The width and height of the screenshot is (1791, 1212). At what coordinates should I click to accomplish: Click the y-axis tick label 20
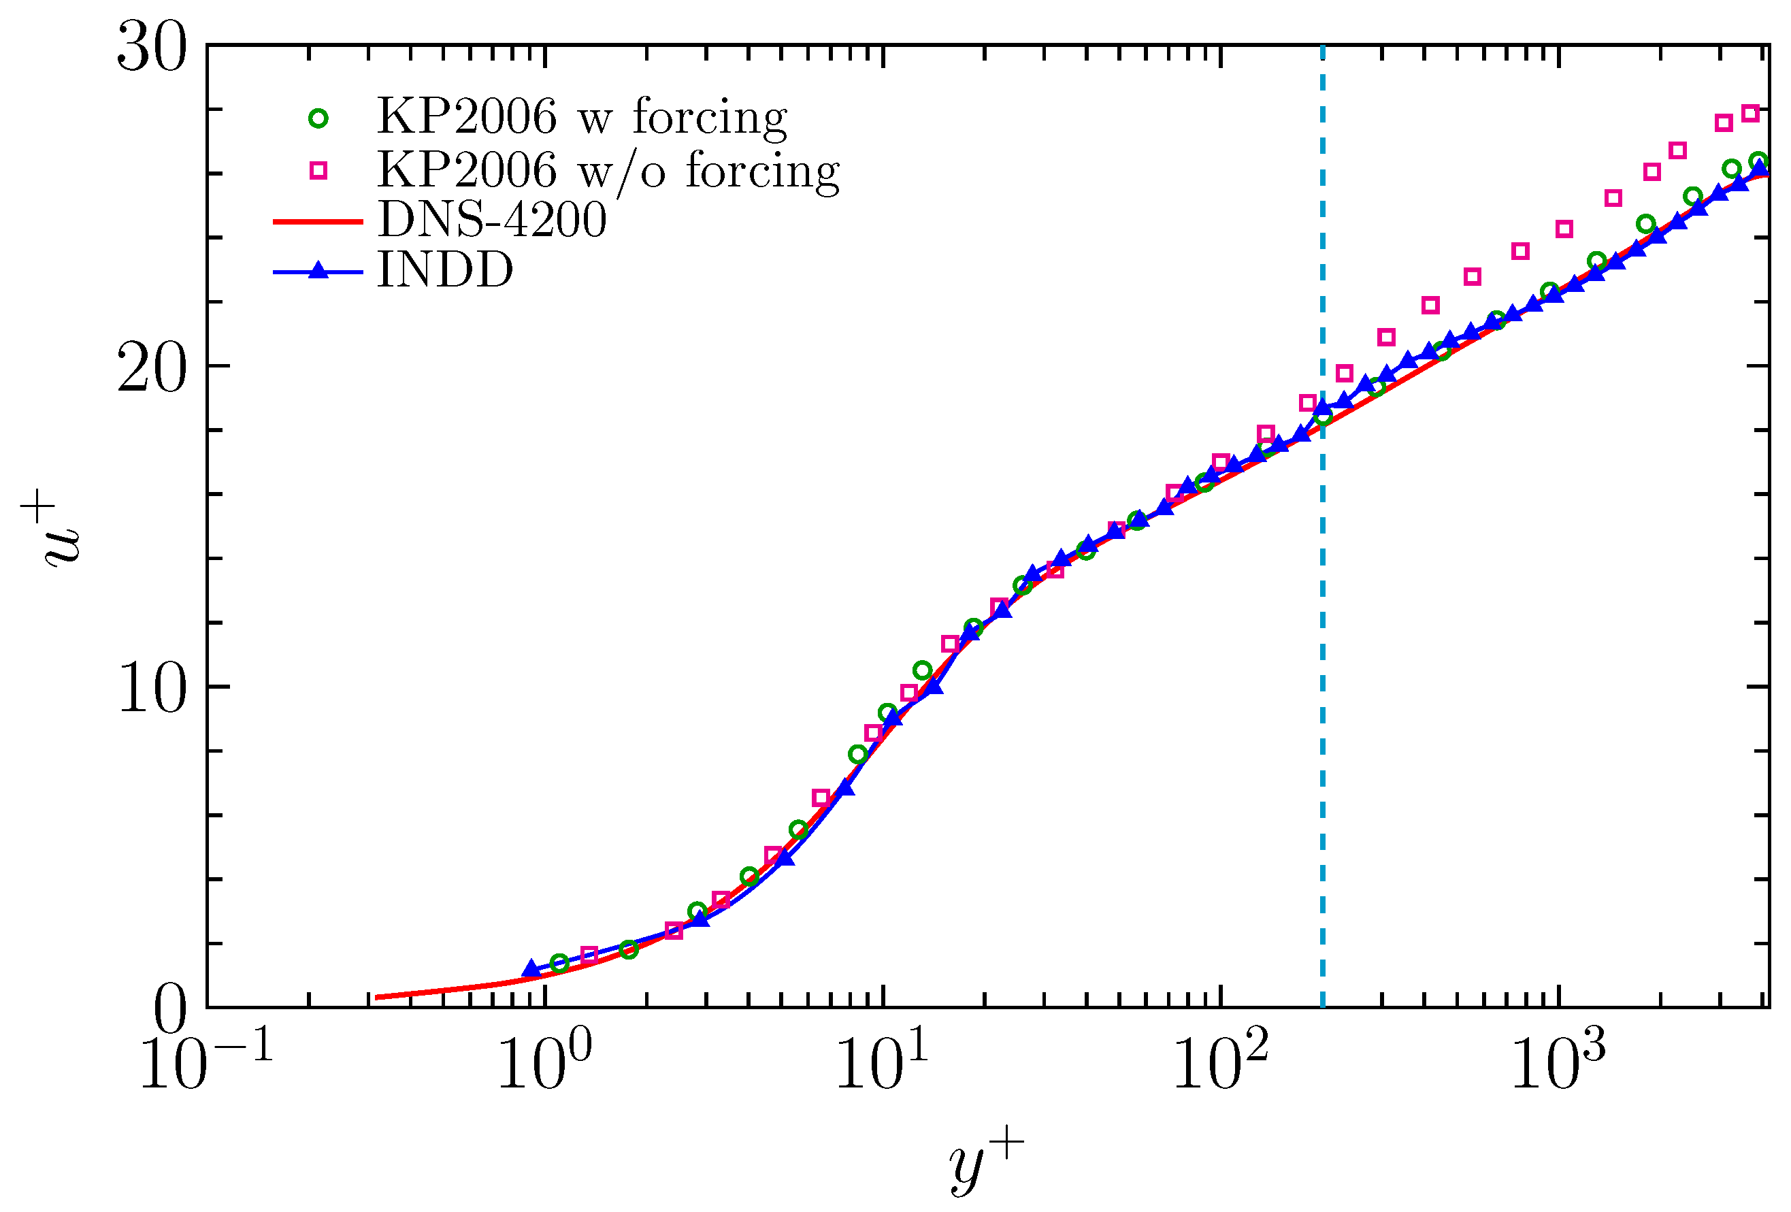coord(151,368)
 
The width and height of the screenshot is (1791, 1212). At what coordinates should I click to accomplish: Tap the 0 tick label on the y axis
coord(169,1009)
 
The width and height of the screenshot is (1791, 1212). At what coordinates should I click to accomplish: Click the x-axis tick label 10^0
coord(544,1063)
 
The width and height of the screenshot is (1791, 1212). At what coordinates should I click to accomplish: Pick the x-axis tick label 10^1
coord(882,1063)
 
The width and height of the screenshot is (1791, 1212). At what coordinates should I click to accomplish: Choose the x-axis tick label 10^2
coord(1220,1063)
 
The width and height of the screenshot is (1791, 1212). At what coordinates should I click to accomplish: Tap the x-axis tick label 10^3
coord(1558,1063)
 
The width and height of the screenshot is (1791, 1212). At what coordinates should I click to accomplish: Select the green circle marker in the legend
coord(318,118)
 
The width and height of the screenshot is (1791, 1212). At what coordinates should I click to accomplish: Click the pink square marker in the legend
coord(318,170)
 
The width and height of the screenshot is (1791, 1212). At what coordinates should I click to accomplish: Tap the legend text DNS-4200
coord(492,220)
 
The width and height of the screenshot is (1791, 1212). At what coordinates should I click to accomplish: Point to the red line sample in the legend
coord(318,222)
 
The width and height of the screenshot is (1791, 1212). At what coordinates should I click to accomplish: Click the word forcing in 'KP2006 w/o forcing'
coord(762,170)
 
